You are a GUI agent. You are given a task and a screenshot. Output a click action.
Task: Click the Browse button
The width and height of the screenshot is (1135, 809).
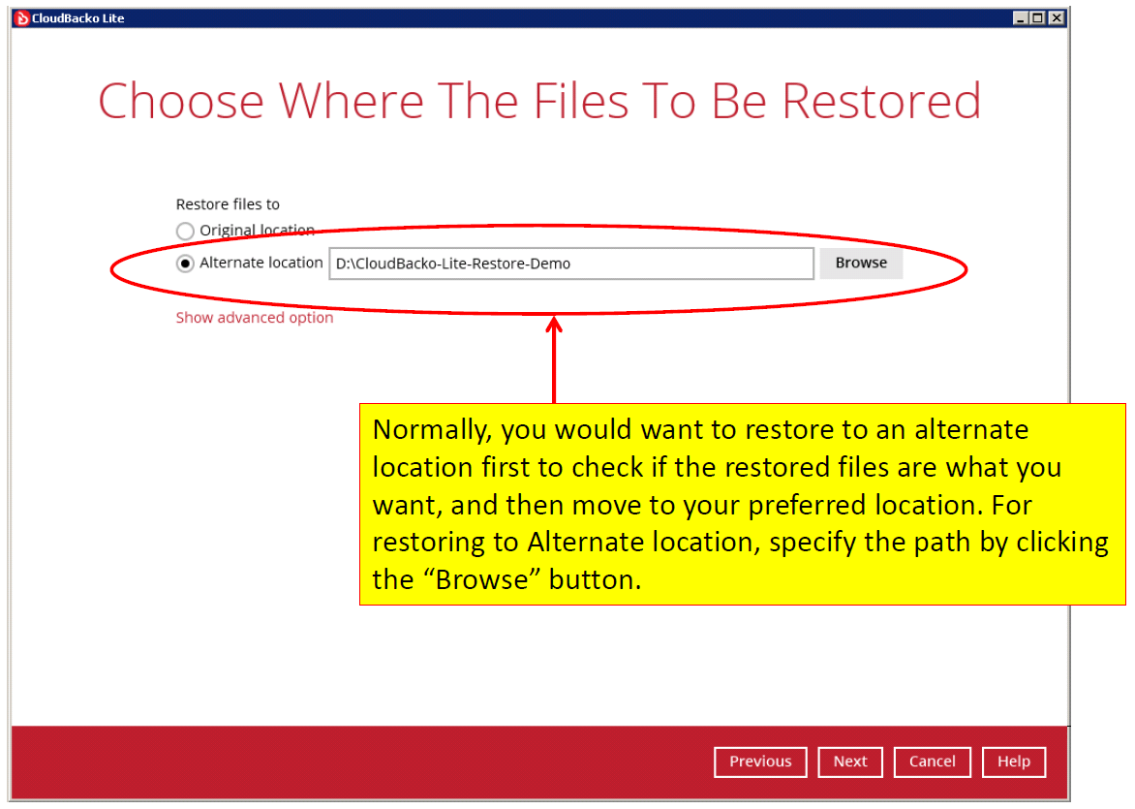tap(861, 263)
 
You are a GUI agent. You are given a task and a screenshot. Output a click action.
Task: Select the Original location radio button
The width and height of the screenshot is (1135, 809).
tap(185, 231)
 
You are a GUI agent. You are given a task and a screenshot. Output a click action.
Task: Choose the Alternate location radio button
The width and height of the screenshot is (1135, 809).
tap(185, 264)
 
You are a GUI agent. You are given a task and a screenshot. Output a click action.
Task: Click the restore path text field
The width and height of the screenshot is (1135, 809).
tap(571, 264)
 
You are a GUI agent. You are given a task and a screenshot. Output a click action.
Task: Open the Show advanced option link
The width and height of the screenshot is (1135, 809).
tap(255, 317)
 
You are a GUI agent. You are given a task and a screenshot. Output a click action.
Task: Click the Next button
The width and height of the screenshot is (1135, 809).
tap(850, 762)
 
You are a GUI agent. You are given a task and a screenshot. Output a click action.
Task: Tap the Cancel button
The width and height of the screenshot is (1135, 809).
tap(933, 762)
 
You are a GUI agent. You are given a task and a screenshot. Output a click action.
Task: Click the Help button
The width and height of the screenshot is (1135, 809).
tap(1013, 762)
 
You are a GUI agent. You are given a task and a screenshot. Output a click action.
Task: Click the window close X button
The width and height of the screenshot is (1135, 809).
tap(1057, 18)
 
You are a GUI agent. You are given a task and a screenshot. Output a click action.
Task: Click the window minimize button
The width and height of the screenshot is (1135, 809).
tap(1021, 18)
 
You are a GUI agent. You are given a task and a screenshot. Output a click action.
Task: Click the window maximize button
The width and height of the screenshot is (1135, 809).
tap(1038, 18)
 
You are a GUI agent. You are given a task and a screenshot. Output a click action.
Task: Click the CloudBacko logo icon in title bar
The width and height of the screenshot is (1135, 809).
tap(21, 18)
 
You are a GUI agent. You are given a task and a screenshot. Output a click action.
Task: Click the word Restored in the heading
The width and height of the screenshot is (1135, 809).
tap(881, 101)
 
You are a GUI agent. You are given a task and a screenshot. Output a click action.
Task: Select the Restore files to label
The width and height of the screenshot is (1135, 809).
tap(228, 204)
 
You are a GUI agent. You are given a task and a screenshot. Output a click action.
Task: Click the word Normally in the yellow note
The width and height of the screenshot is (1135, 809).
tap(432, 430)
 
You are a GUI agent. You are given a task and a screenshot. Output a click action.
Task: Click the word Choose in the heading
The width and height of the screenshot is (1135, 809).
tap(181, 101)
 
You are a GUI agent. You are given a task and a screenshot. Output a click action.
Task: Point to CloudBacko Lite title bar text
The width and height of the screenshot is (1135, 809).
tap(78, 18)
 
